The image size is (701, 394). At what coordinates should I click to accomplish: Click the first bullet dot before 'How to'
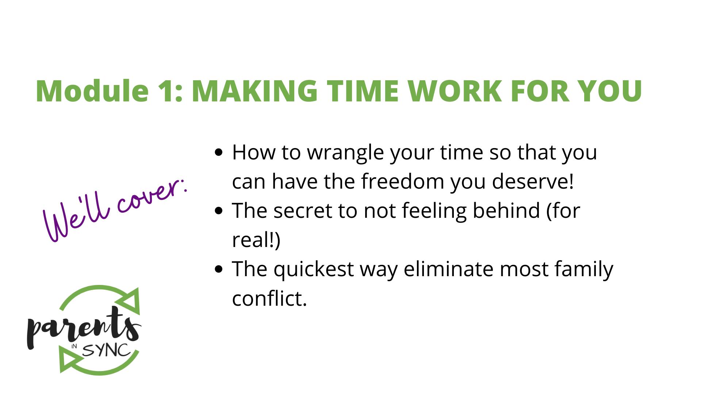point(219,152)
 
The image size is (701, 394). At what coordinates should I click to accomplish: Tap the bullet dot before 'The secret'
point(219,210)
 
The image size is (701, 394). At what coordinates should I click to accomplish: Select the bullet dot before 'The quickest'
point(219,269)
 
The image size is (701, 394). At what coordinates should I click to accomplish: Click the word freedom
point(403,181)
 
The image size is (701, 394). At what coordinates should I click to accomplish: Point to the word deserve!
point(533,181)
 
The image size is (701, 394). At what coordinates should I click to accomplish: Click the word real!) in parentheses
point(256,240)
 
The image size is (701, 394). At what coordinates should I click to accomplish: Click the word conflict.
point(269,298)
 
